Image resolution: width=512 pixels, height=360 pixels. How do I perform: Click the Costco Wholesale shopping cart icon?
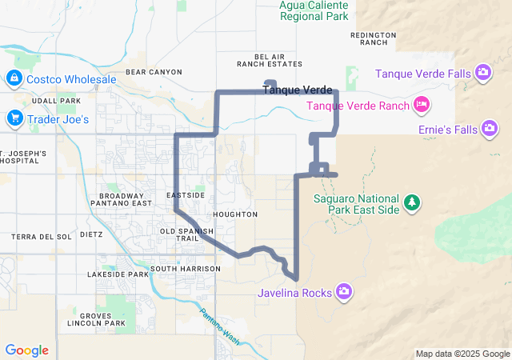(14, 78)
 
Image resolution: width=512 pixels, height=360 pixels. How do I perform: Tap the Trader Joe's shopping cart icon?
(14, 119)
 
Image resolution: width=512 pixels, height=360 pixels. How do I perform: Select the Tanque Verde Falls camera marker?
(483, 74)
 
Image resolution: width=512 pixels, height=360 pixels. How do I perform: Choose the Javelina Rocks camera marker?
(344, 292)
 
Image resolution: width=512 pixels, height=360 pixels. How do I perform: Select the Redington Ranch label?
(374, 39)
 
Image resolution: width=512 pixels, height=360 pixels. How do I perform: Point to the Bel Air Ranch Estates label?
(270, 60)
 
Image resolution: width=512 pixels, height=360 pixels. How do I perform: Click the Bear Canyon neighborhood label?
(154, 72)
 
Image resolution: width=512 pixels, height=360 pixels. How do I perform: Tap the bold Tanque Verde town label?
(298, 90)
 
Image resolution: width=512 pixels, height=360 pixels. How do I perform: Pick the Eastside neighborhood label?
(186, 195)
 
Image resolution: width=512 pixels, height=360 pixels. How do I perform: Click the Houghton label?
(236, 214)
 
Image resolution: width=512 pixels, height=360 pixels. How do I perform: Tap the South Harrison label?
(185, 269)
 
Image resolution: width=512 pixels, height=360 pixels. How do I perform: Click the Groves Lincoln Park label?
(97, 320)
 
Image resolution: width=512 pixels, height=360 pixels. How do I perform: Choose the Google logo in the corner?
(26, 350)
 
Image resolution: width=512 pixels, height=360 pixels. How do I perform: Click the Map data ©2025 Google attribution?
(462, 354)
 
